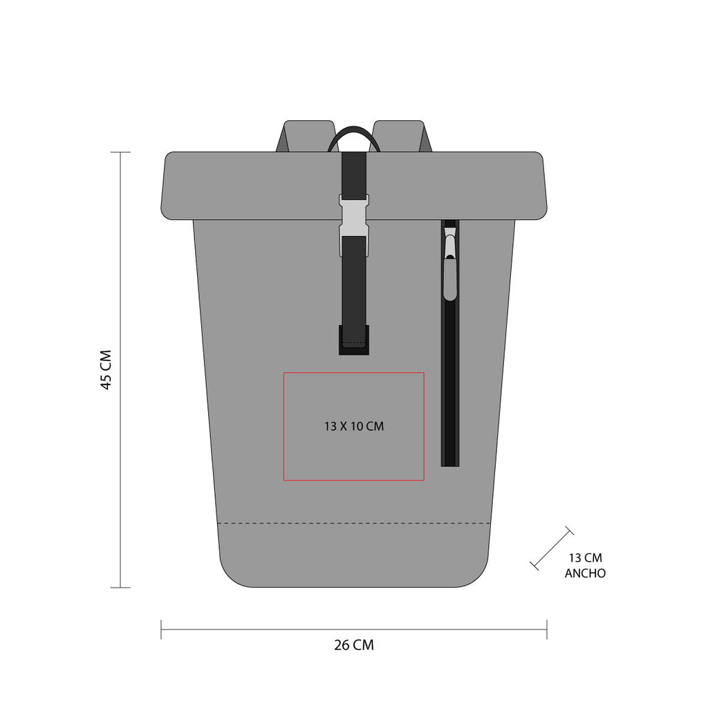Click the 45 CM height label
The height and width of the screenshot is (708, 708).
106,369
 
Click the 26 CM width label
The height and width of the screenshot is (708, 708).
354,645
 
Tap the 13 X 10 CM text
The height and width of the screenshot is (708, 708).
353,427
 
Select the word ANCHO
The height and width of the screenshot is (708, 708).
585,573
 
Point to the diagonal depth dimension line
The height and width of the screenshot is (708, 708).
552,549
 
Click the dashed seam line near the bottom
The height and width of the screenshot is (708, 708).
353,523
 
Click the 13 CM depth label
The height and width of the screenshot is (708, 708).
585,557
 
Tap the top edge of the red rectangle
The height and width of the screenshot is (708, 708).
353,373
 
